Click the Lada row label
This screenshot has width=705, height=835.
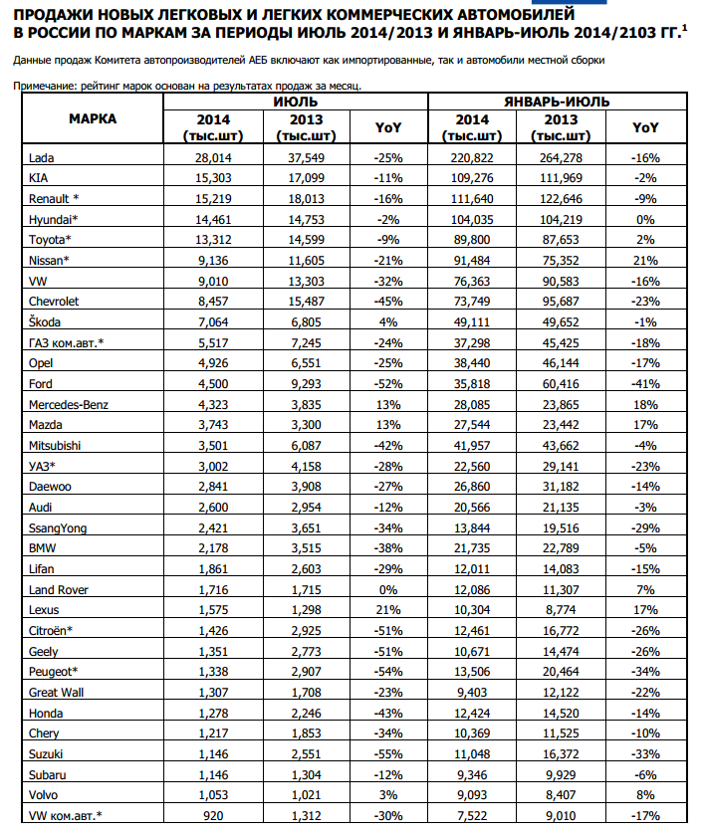pyautogui.click(x=41, y=156)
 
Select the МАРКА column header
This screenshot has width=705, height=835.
pyautogui.click(x=93, y=118)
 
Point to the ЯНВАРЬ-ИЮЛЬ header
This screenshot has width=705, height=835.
pyautogui.click(x=557, y=102)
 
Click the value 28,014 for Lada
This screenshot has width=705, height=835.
pyautogui.click(x=213, y=156)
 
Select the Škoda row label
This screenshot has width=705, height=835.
pyautogui.click(x=46, y=321)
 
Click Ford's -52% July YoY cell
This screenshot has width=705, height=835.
pyautogui.click(x=387, y=383)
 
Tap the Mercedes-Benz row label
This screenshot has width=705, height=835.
pyautogui.click(x=70, y=404)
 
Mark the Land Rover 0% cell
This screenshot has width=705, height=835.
pyautogui.click(x=387, y=589)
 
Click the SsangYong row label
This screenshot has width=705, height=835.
pyautogui.click(x=59, y=527)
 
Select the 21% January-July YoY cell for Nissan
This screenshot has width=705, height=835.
pyautogui.click(x=646, y=260)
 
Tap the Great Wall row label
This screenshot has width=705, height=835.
pyautogui.click(x=57, y=693)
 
